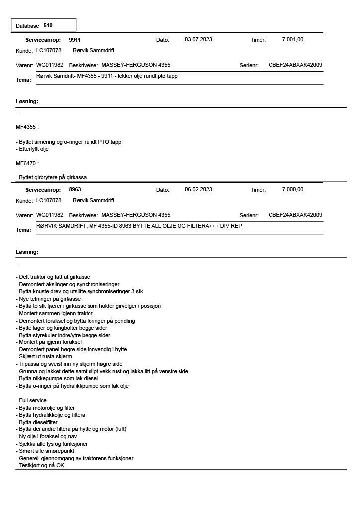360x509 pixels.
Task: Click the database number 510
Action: tap(48, 25)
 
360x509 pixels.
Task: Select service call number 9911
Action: tap(75, 40)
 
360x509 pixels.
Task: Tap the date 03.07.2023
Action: tap(198, 40)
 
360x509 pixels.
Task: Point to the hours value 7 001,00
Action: tap(293, 40)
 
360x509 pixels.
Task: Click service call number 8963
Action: tap(75, 190)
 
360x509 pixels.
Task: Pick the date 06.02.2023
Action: tap(198, 190)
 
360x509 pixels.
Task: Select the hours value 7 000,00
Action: tap(293, 190)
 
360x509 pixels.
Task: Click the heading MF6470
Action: tap(27, 163)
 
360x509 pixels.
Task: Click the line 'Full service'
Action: tap(31, 400)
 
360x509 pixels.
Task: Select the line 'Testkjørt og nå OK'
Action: tap(40, 466)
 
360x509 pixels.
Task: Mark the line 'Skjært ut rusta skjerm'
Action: tap(44, 357)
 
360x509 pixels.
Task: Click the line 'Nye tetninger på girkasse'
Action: tap(48, 299)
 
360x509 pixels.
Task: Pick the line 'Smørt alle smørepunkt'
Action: tap(44, 451)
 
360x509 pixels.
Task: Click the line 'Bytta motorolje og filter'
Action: tap(45, 408)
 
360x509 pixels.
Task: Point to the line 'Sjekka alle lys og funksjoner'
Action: tap(52, 444)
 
